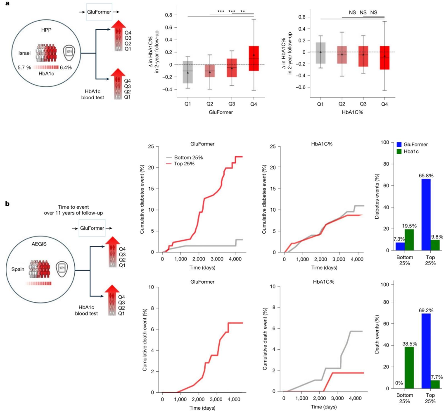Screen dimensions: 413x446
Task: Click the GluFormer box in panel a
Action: [99, 12]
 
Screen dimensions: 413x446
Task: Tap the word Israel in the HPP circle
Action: [25, 53]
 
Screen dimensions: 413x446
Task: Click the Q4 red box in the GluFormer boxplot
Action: [254, 58]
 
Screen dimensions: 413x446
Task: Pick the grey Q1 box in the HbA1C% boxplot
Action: [320, 53]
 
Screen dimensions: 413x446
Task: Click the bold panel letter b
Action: [6, 204]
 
